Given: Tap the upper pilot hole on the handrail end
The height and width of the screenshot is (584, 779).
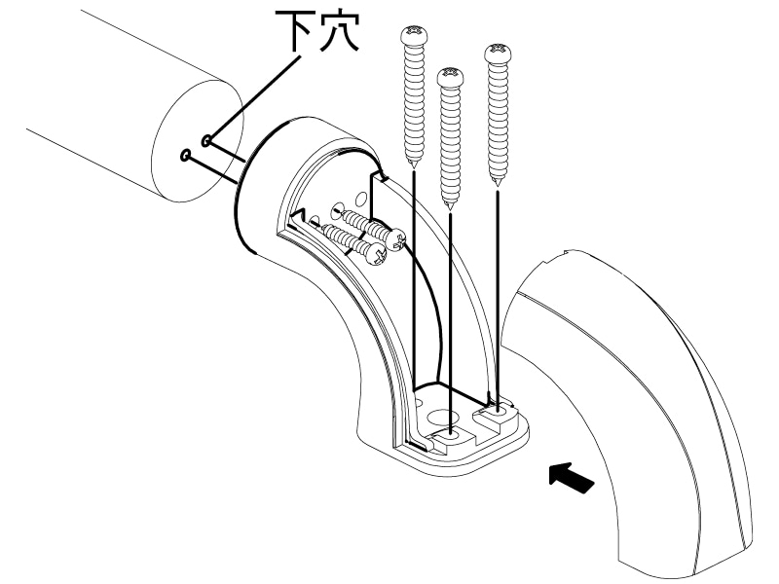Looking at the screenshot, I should (x=206, y=142).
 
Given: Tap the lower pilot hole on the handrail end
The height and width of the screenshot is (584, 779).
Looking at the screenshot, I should (x=185, y=154).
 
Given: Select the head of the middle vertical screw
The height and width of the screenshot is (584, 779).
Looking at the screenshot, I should (x=450, y=75).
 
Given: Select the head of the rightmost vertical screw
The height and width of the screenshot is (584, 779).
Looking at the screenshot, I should (x=499, y=51).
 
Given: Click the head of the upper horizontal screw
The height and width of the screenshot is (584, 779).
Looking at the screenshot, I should (x=395, y=237).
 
